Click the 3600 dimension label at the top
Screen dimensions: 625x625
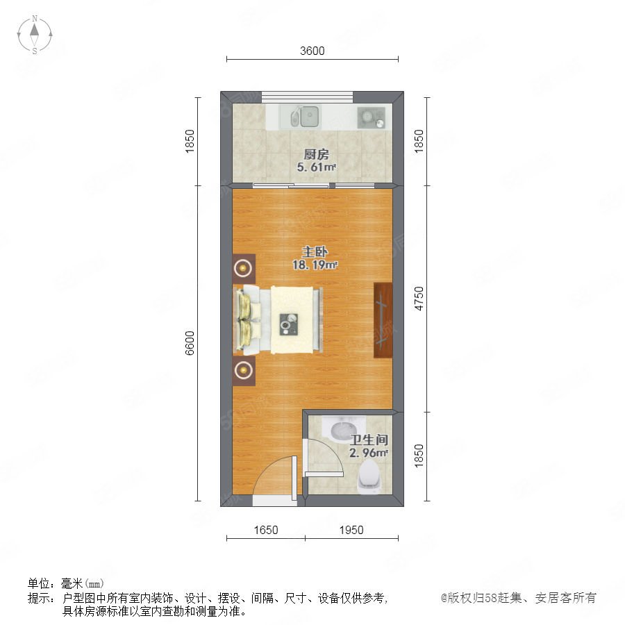(x=312, y=51)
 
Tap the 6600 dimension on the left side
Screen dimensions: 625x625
(x=190, y=343)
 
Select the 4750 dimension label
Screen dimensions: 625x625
(x=419, y=299)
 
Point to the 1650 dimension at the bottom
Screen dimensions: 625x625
(x=266, y=530)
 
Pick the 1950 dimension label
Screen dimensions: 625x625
(x=351, y=530)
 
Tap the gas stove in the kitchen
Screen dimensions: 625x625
(x=371, y=117)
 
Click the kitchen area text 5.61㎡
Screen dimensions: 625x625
(x=317, y=167)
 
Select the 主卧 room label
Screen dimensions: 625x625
(x=315, y=252)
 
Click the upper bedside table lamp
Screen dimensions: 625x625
(x=244, y=268)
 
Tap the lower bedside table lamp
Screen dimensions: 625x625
(x=244, y=371)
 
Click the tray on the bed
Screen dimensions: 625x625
(x=289, y=324)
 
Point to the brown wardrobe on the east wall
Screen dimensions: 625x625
(x=383, y=320)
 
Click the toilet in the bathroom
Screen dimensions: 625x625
(x=370, y=476)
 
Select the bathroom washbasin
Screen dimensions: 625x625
(x=343, y=429)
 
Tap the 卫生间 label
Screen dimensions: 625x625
(x=369, y=440)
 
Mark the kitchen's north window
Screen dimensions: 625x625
(x=308, y=97)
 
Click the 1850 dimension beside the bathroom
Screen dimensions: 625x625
(x=419, y=456)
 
